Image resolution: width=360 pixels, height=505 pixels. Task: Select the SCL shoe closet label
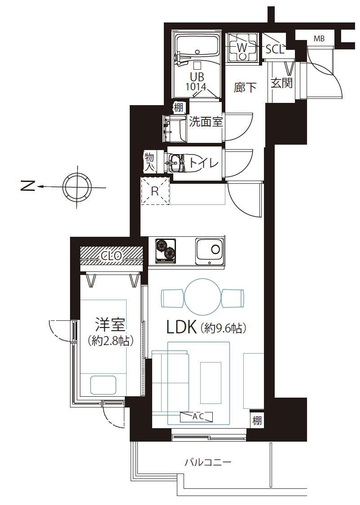275,49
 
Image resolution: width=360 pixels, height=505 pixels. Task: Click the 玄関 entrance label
281,83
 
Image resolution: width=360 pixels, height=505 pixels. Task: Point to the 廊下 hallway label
245,88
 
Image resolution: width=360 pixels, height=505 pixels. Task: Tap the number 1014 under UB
196,87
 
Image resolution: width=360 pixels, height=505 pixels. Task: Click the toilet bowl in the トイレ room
176,162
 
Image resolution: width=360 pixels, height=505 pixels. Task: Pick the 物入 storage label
149,162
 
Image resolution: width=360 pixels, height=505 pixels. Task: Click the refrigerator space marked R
155,191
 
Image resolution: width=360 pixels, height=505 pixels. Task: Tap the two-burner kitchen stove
166,250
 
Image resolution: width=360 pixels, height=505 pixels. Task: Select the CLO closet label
111,257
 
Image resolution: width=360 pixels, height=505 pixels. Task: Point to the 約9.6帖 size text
224,328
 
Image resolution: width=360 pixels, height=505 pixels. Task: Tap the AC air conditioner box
197,417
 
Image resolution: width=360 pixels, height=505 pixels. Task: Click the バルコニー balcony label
208,463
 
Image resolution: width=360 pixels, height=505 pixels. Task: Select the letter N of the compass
28,186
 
